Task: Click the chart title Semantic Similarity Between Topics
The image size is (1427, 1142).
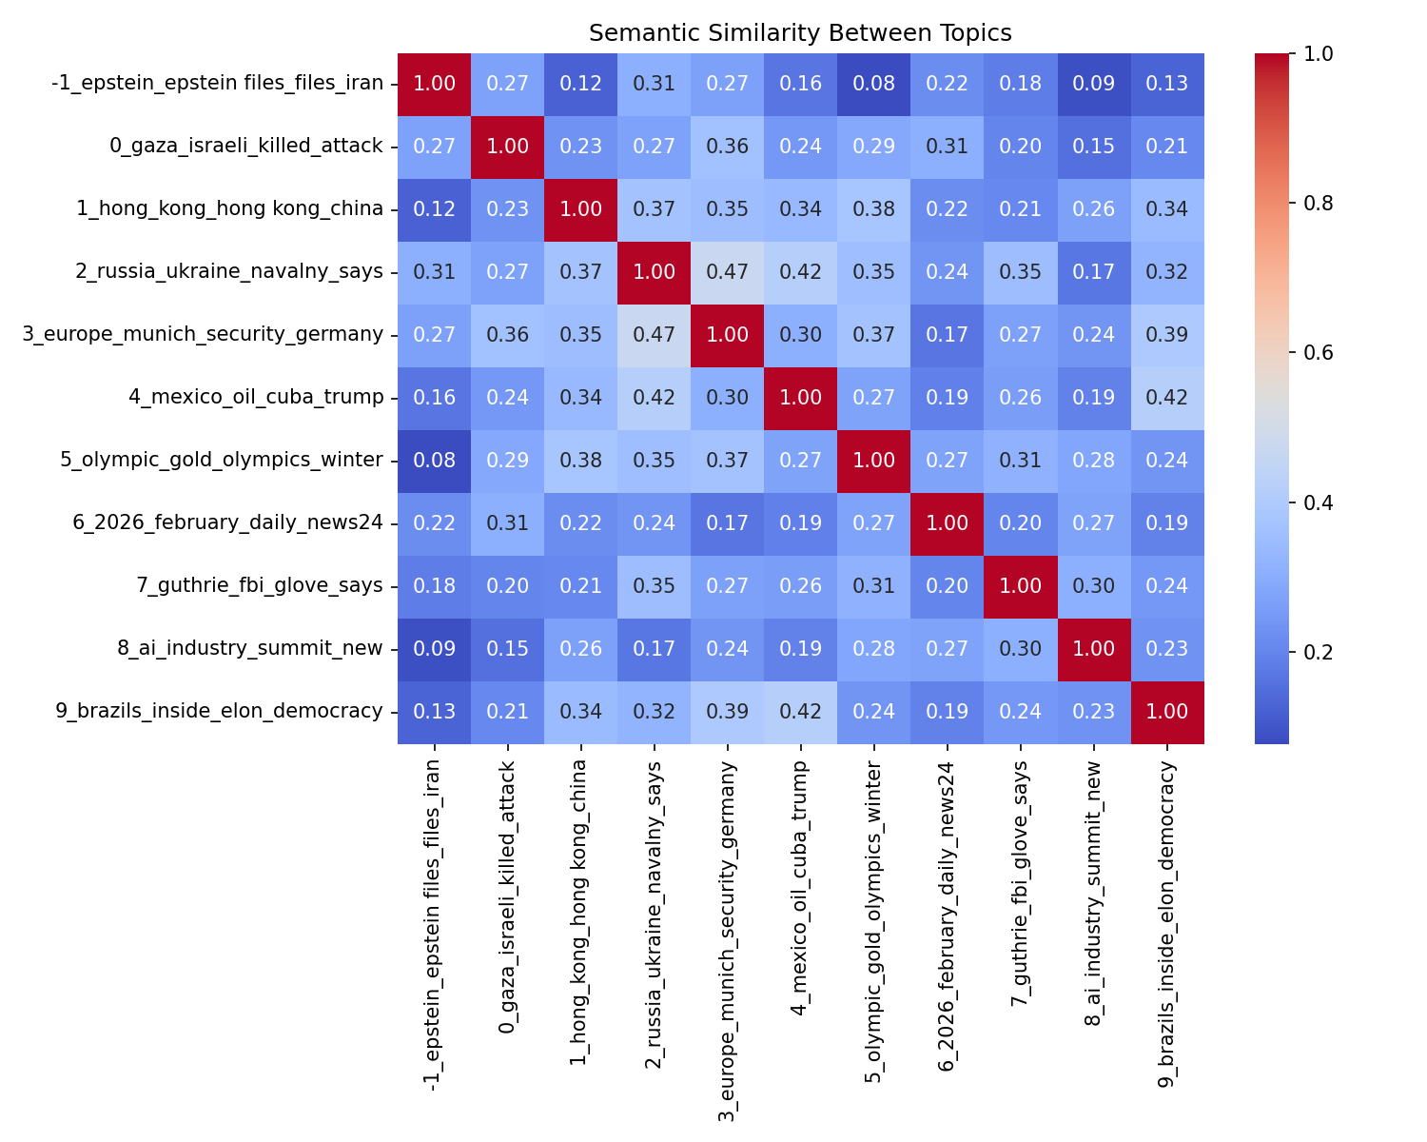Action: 800,33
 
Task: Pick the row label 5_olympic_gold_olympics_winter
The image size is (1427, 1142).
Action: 222,461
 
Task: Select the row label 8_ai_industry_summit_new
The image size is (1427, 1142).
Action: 250,649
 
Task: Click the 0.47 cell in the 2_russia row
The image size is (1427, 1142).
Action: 728,272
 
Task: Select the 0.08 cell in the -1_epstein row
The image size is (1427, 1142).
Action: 873,84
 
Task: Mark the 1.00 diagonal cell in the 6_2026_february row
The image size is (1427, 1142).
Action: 948,523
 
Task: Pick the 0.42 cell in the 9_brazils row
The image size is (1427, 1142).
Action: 801,712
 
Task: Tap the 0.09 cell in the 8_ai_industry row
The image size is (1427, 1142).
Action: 434,649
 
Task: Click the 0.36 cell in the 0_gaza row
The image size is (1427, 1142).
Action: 728,147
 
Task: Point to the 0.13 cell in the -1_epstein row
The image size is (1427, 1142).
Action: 1166,84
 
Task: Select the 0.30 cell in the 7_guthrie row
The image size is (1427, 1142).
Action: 1093,586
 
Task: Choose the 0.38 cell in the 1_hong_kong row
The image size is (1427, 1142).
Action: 873,209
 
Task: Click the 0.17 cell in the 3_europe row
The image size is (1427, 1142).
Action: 948,335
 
